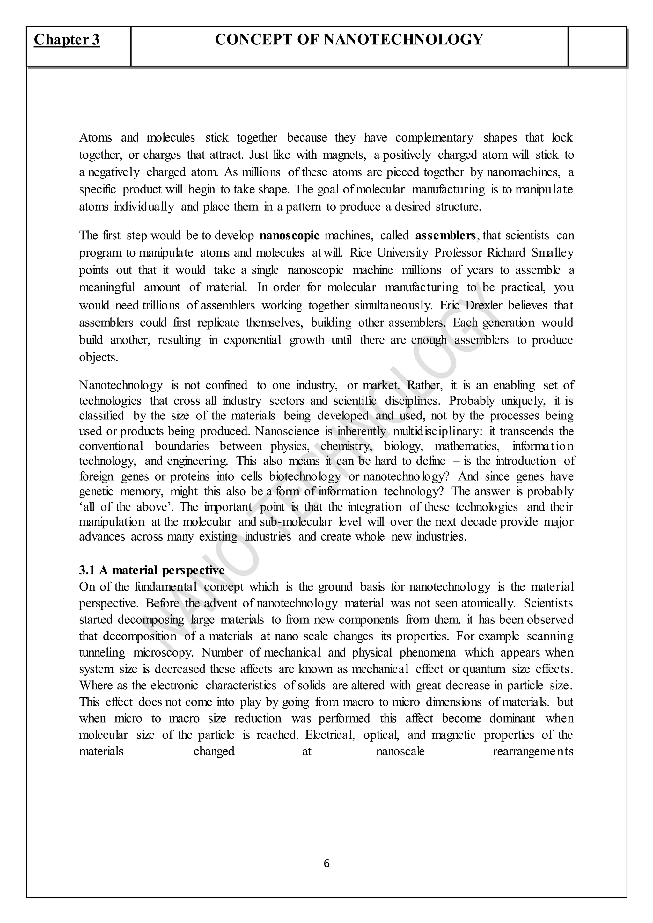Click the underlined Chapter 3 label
pyautogui.click(x=67, y=40)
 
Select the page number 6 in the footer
pyautogui.click(x=326, y=863)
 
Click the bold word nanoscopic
pyautogui.click(x=290, y=236)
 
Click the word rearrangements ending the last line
pyautogui.click(x=533, y=751)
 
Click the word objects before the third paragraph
pyautogui.click(x=99, y=357)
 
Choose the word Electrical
pyautogui.click(x=330, y=735)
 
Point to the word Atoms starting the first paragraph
pyautogui.click(x=95, y=138)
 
